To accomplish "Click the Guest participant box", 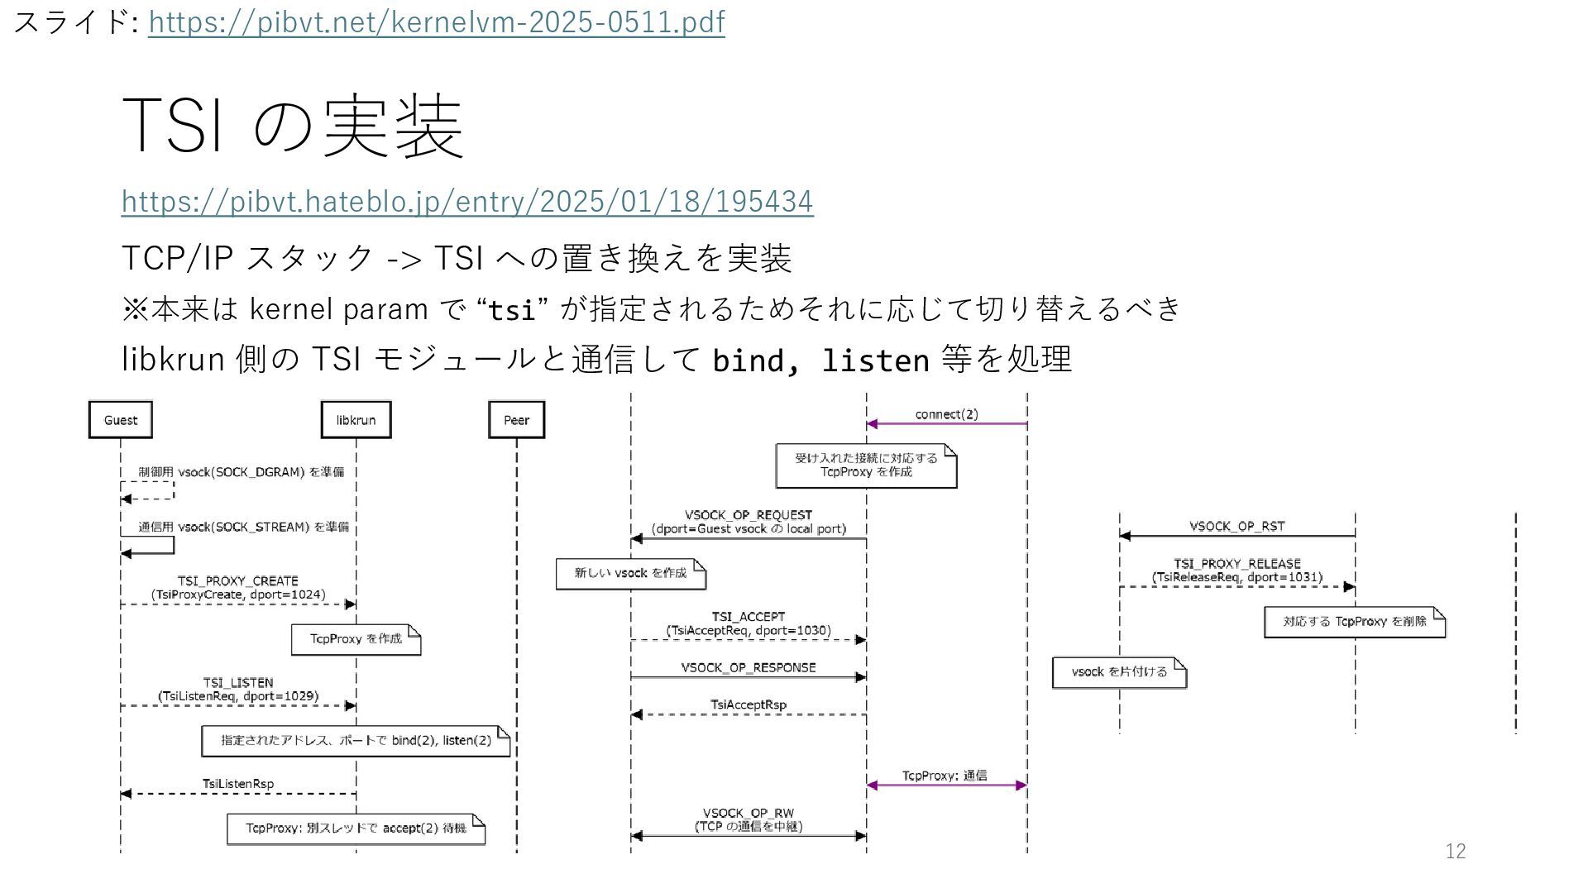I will coord(121,420).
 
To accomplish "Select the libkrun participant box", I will coord(356,420).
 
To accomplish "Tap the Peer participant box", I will coord(516,420).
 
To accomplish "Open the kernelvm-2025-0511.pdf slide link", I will coord(436,22).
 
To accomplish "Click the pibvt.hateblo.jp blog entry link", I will coord(467,201).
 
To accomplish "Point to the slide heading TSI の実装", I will coord(292,126).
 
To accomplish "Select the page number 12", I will coord(1456,851).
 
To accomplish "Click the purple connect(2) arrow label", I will coord(946,414).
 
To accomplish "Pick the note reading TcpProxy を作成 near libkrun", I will coord(356,639).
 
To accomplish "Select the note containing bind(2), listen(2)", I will coord(356,741).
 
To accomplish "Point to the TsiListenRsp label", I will coord(238,784).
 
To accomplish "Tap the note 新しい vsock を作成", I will coord(630,573).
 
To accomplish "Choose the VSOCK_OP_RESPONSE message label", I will coord(749,667).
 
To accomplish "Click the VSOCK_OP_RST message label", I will coord(1237,526).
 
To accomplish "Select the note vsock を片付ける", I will coord(1119,672).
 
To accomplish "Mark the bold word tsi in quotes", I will coord(512,311).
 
